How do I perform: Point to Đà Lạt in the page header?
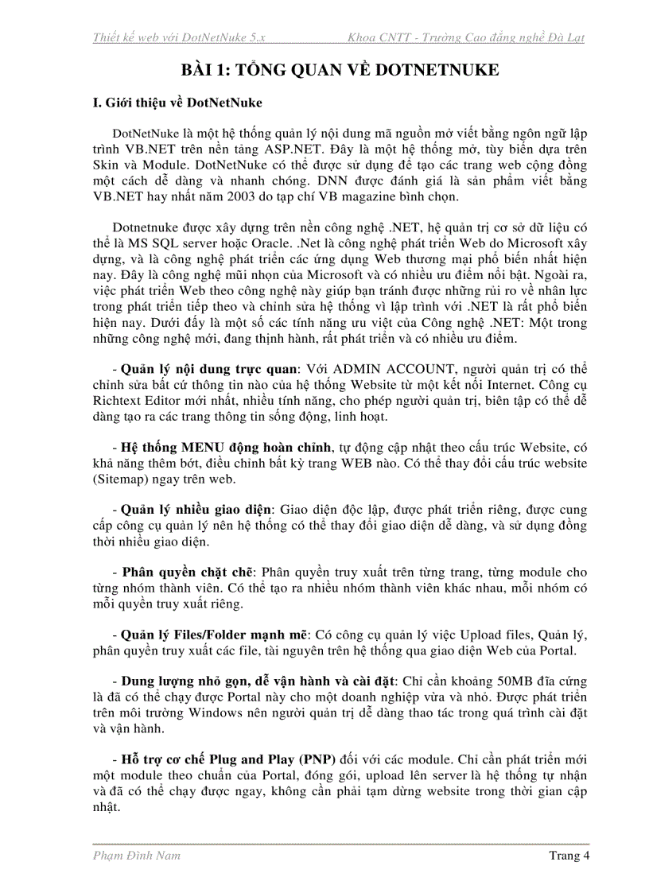(570, 37)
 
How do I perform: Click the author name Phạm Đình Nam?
(137, 856)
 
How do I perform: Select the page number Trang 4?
(569, 856)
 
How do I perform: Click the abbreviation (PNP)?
(317, 757)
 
